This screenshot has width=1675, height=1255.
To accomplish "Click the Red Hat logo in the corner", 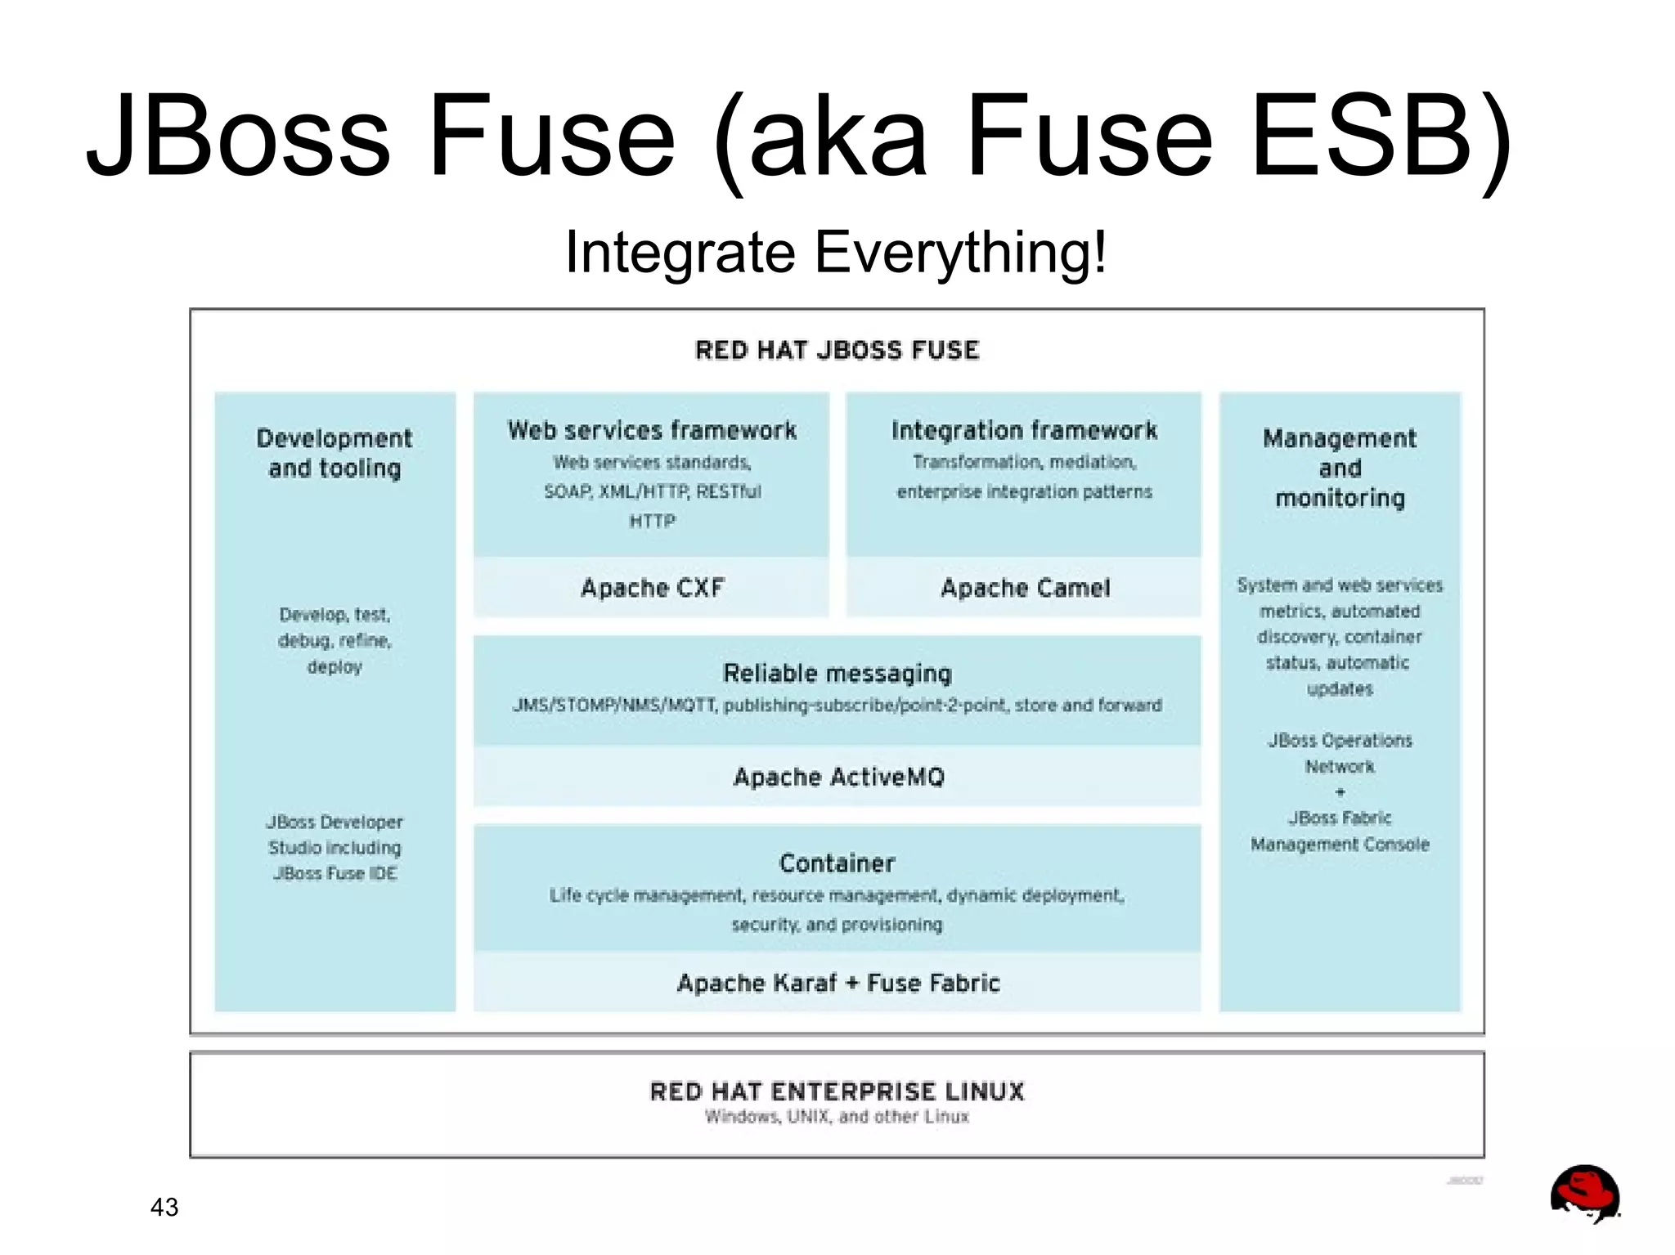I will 1584,1194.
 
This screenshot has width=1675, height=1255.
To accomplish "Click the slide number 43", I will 164,1207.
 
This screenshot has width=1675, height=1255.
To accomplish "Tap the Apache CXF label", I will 652,588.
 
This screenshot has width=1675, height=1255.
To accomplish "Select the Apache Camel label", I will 1025,588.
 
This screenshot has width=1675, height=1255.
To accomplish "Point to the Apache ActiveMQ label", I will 838,777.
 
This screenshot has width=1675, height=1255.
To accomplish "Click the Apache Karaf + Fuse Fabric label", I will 838,983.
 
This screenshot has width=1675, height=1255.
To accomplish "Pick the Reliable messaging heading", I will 837,674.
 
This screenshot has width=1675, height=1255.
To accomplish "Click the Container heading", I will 837,863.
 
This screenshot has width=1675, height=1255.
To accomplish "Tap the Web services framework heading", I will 652,431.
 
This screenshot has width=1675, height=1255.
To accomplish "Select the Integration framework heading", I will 1024,431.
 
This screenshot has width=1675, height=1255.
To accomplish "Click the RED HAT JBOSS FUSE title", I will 837,351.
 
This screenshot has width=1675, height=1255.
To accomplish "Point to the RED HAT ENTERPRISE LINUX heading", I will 837,1091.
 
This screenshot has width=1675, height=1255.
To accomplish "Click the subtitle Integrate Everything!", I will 836,252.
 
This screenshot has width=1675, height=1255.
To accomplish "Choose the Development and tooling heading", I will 335,453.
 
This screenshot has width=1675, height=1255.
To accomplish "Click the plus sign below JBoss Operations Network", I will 1340,792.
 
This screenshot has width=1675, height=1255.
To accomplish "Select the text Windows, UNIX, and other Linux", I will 837,1117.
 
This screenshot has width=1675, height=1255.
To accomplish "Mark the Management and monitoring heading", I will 1340,468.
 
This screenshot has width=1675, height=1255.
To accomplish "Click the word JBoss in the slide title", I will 238,136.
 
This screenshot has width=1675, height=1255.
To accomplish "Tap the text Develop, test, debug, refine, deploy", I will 335,640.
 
